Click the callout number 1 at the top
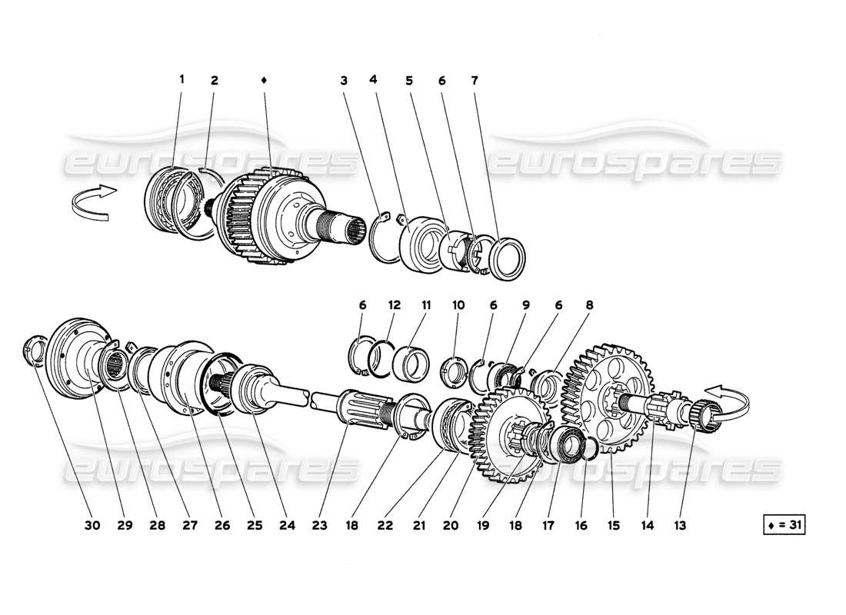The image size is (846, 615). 182,79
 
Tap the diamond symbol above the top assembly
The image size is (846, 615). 264,79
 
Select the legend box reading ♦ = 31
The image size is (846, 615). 781,526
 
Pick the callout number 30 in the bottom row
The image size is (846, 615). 92,526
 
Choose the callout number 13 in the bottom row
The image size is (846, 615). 679,526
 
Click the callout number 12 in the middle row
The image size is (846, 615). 394,305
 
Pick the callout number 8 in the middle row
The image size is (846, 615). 589,305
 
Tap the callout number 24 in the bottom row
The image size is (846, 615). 287,526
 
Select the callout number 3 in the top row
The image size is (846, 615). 344,79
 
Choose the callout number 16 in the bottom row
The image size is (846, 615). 581,526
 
